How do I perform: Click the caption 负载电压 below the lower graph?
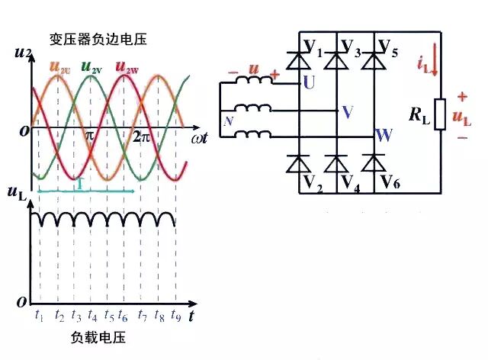(98, 336)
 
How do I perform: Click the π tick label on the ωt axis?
(89, 137)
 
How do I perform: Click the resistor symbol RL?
(439, 114)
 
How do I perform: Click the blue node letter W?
(384, 137)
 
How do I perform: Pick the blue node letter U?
(309, 82)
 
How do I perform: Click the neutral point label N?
(227, 121)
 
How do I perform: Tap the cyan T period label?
(79, 184)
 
